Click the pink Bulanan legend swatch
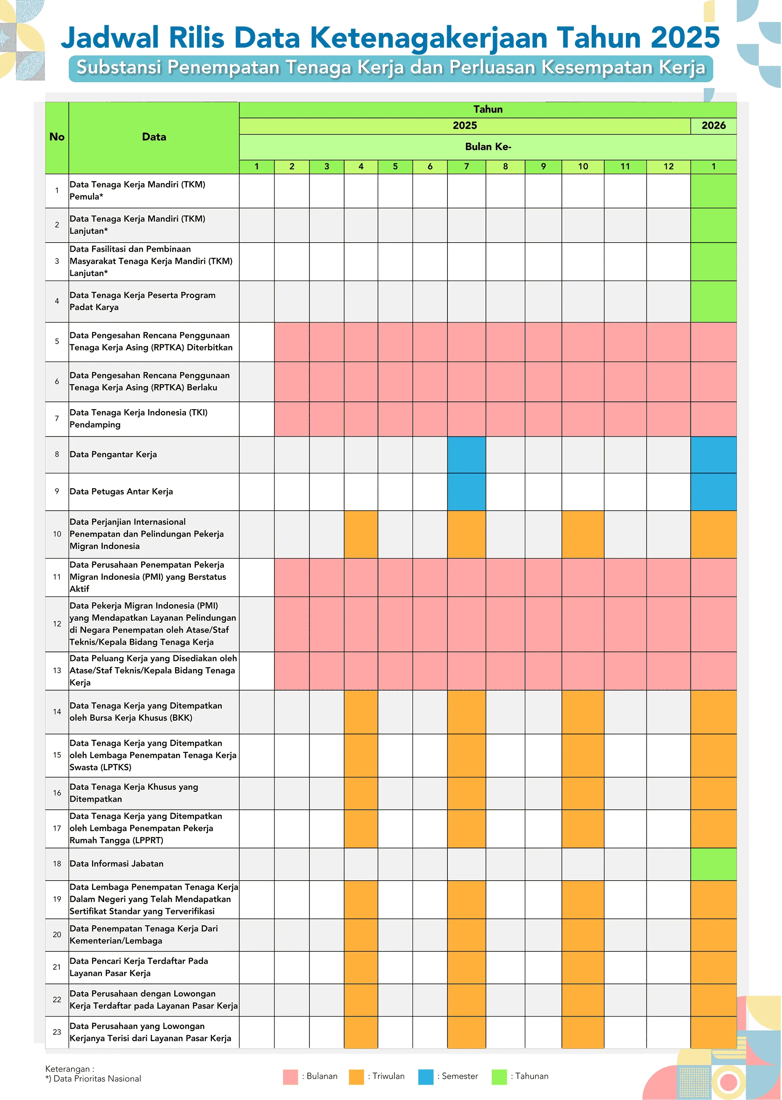coord(291,1077)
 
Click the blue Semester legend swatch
coord(426,1077)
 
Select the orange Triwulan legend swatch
coord(356,1077)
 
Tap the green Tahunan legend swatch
coord(499,1077)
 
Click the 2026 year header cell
coord(713,126)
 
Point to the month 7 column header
coord(466,167)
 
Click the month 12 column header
coord(668,167)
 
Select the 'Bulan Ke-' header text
coord(488,147)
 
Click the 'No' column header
coord(57,137)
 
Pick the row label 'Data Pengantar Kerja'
coord(113,454)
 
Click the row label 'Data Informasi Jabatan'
coord(116,864)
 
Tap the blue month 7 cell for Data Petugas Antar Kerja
coord(466,491)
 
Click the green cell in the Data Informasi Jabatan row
coord(713,864)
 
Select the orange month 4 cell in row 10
coord(361,534)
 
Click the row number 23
coord(57,1032)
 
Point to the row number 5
coord(57,341)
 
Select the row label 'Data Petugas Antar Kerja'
coord(121,491)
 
